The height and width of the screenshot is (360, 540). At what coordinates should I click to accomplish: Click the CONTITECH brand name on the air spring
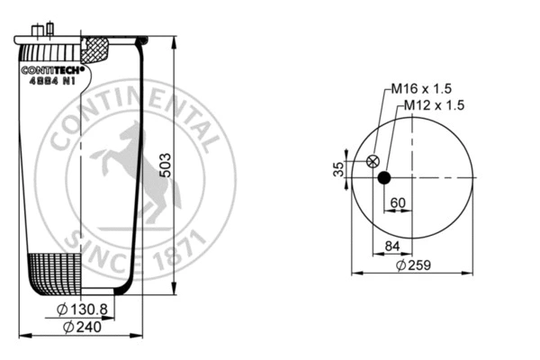(x=53, y=68)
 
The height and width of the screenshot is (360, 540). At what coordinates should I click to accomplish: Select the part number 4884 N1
(x=53, y=79)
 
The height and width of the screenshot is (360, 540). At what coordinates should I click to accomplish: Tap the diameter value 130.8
(x=89, y=310)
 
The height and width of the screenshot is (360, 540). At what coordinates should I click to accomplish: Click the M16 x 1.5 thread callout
(x=419, y=90)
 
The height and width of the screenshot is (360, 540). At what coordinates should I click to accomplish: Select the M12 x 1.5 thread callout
(x=432, y=105)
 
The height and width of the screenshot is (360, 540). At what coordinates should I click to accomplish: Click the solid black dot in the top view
(x=384, y=177)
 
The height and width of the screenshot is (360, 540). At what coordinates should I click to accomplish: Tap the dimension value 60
(x=397, y=202)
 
